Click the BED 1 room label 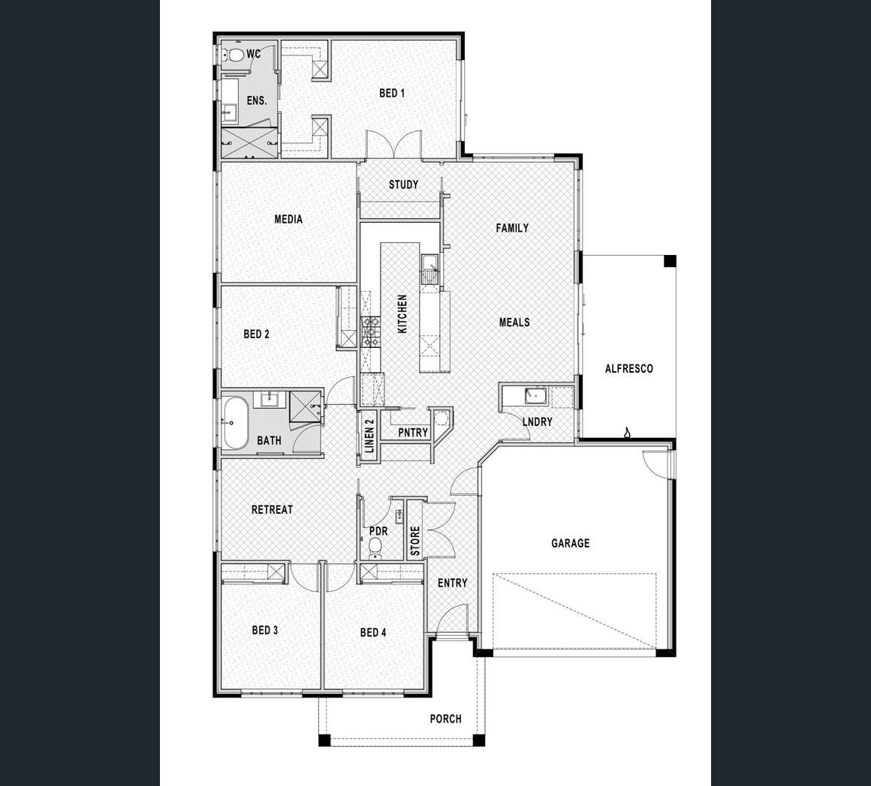392,93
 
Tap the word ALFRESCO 628,368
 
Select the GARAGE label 571,543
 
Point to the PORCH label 445,719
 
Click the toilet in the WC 234,55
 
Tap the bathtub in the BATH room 236,423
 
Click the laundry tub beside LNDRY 536,396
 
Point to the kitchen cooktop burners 370,331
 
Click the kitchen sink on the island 430,269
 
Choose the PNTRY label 413,433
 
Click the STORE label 415,541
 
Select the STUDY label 403,184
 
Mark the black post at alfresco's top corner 671,261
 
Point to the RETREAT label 272,509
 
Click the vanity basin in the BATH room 270,399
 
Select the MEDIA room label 288,219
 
